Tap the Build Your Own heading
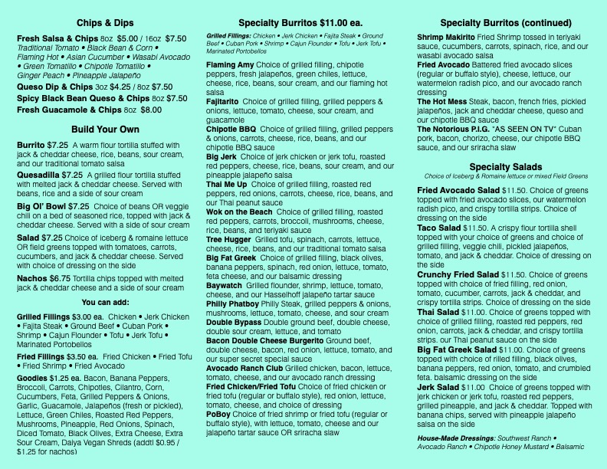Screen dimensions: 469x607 106,129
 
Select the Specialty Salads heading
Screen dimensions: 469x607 506,168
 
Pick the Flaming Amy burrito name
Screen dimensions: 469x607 230,65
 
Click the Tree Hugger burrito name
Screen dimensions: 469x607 229,239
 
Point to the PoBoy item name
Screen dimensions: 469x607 220,415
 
